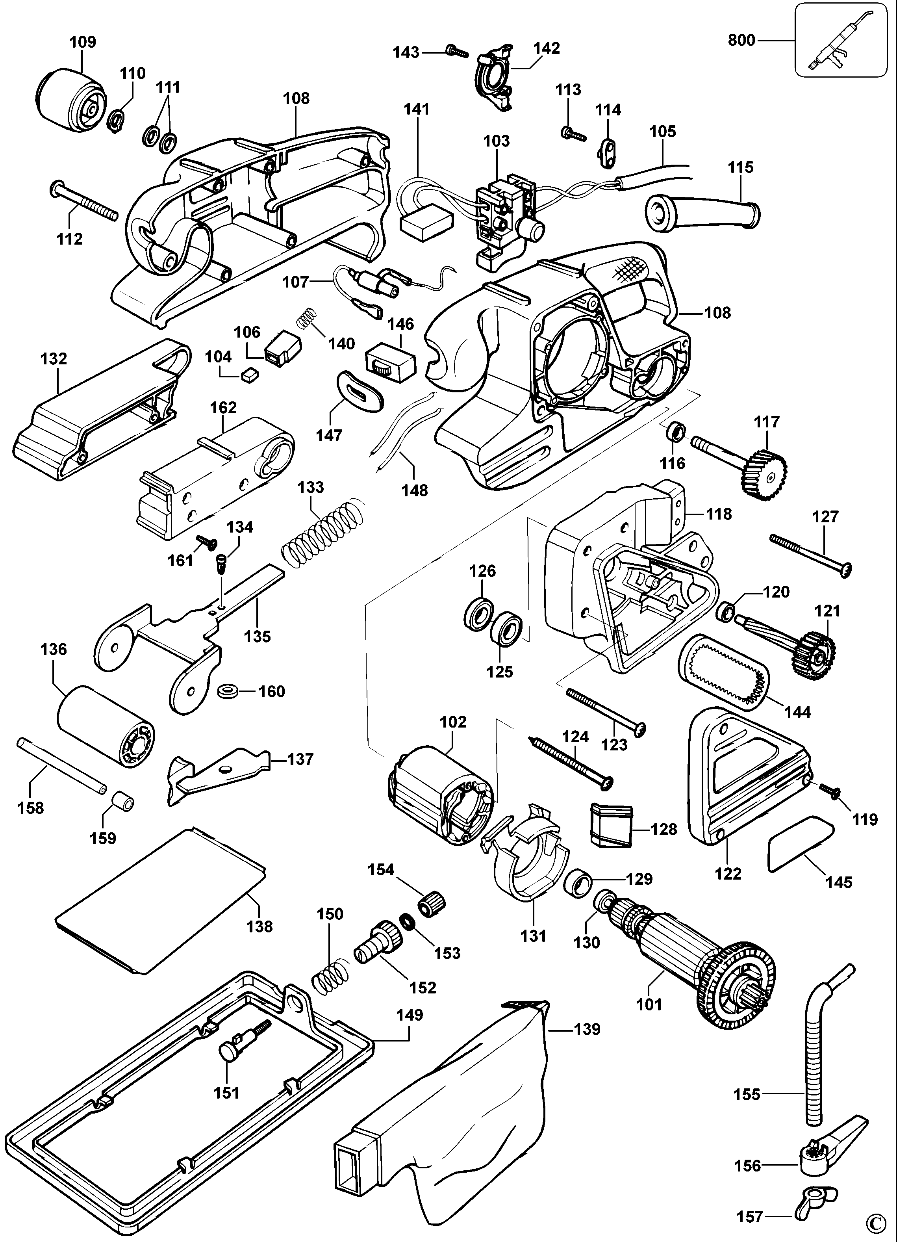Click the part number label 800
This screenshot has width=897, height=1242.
click(741, 40)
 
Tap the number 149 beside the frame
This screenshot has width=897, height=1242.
click(410, 1015)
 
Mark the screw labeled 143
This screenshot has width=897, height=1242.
click(457, 51)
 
